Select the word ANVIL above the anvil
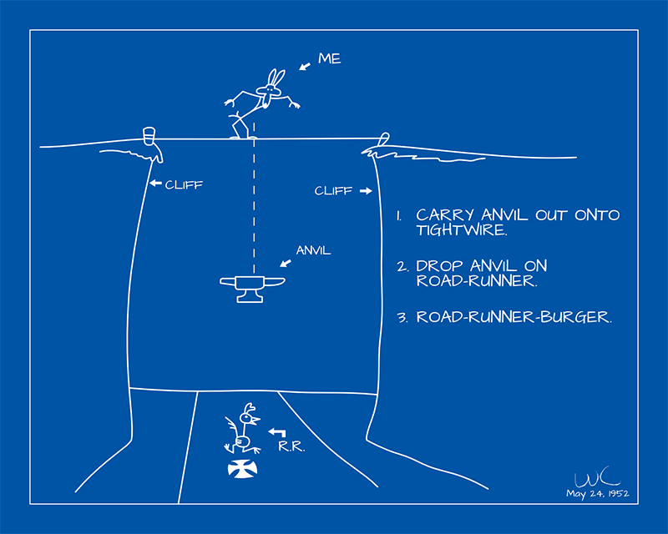(x=313, y=249)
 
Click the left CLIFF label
(x=183, y=184)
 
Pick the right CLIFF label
(x=333, y=191)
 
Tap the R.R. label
(x=291, y=447)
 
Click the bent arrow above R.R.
(x=277, y=432)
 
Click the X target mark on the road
(x=242, y=471)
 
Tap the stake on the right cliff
(x=383, y=140)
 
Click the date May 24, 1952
(x=597, y=494)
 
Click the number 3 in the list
(x=402, y=318)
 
